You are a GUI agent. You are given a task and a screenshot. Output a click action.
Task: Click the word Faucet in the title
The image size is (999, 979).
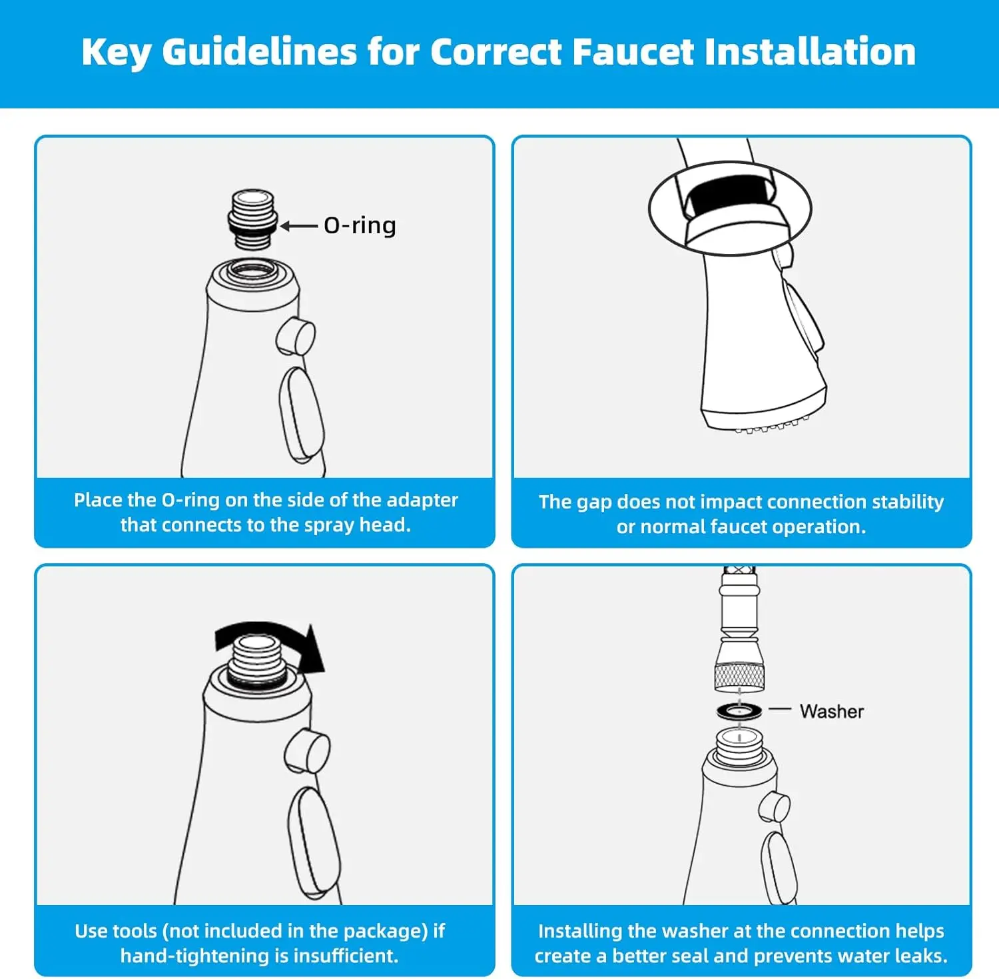coord(633,52)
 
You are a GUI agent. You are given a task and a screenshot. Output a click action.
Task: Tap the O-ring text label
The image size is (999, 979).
coord(360,225)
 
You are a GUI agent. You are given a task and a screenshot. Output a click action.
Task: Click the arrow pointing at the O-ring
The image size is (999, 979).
coord(298,227)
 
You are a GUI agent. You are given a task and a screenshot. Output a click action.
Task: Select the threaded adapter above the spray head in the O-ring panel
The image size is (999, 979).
coord(252,219)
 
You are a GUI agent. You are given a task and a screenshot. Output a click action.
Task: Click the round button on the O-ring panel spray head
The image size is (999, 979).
coord(296,337)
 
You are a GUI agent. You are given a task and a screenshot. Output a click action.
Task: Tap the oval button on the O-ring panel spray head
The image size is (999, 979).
coord(302,415)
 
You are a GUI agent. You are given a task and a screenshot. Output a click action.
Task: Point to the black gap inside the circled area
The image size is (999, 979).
coord(731,198)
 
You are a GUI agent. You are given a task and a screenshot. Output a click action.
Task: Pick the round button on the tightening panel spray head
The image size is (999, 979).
coord(307,750)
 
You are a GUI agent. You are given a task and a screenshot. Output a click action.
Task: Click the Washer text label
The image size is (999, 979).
coord(832,711)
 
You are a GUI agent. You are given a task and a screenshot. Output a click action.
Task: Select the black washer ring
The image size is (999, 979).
coord(739,710)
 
